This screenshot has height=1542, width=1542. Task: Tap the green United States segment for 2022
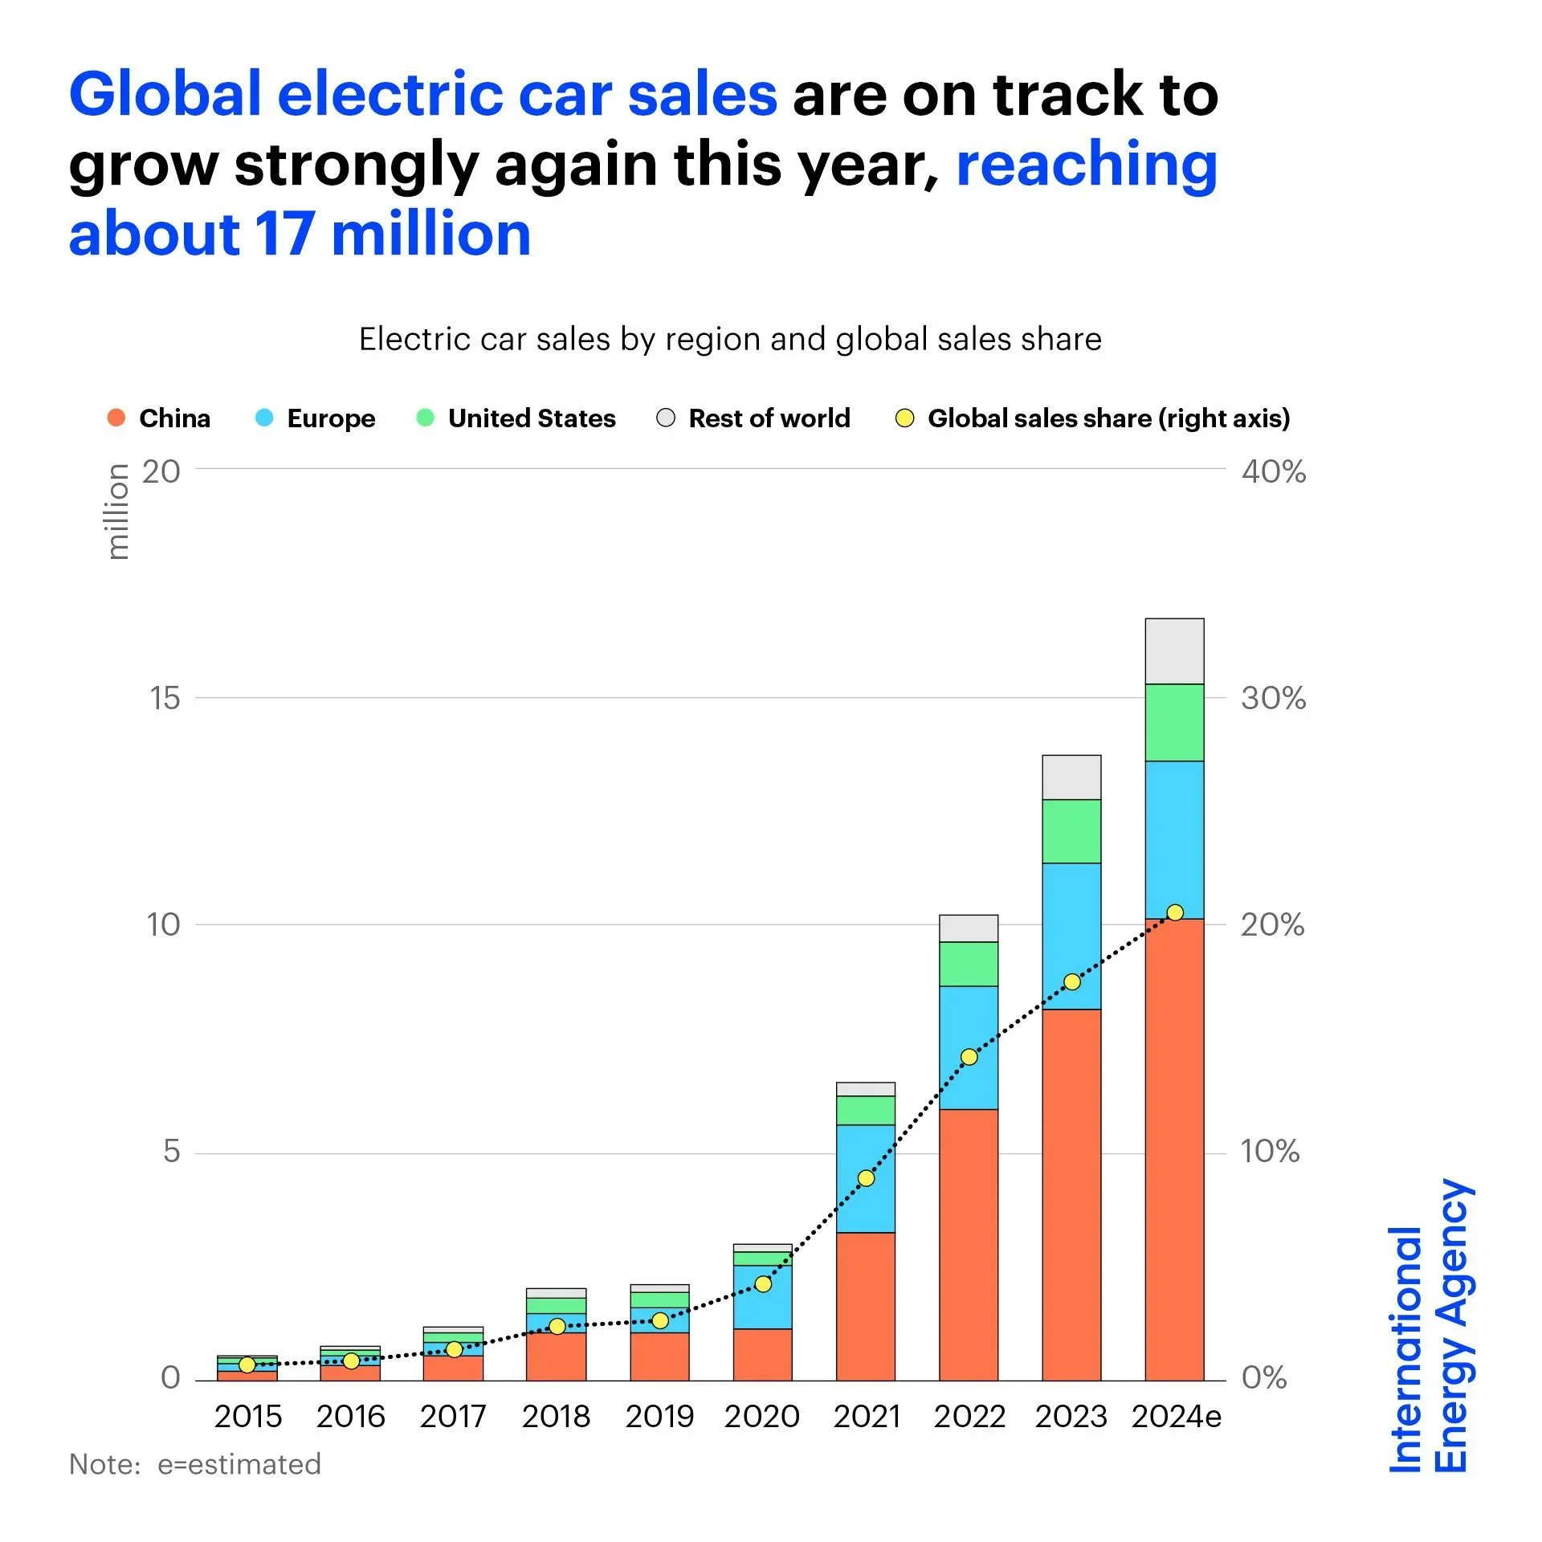click(969, 964)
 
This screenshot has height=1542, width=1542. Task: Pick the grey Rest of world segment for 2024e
click(1174, 651)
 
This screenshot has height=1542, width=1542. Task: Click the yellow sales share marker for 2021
click(866, 1178)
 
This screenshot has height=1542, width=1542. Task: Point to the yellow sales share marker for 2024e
click(1175, 912)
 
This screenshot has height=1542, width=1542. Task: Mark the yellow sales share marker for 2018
click(557, 1326)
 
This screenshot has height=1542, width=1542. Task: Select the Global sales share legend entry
click(1092, 418)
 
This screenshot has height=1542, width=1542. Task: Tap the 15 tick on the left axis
click(165, 698)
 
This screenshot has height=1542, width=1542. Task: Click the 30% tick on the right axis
click(1273, 698)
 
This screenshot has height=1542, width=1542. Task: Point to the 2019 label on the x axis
click(659, 1416)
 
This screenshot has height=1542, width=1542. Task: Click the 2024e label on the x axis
click(1176, 1416)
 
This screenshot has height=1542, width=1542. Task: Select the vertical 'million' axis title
click(118, 512)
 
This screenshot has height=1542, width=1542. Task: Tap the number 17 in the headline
click(284, 235)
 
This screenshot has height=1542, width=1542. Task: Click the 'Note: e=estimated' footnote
click(195, 1464)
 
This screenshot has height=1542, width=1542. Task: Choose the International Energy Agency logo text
click(1430, 1325)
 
